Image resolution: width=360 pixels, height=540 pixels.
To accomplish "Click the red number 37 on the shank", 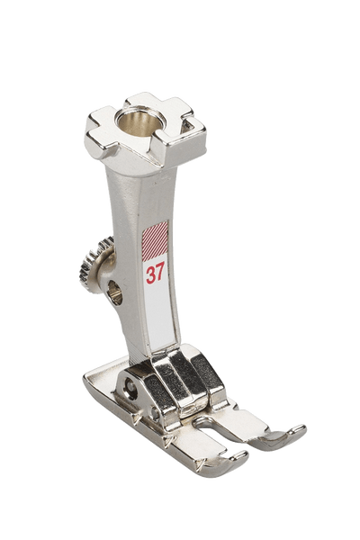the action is pyautogui.click(x=156, y=274).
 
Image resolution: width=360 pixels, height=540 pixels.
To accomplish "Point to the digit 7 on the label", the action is pyautogui.click(x=160, y=274).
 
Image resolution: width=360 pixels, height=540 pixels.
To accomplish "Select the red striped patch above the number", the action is pyautogui.click(x=155, y=241).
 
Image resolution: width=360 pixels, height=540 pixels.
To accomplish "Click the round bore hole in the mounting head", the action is pyautogui.click(x=133, y=124).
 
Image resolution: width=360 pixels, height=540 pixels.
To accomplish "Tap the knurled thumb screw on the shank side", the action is pyautogui.click(x=94, y=265).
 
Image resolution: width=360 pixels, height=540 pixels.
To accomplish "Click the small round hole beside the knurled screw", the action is pyautogui.click(x=115, y=292).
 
